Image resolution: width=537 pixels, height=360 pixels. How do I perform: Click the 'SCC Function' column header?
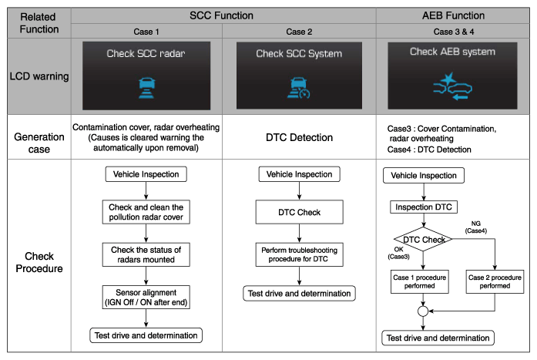(221, 15)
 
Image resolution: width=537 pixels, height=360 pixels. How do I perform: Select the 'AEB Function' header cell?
(453, 15)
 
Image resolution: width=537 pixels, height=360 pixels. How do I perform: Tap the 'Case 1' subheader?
(146, 32)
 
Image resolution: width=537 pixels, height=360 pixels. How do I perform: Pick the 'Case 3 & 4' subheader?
(454, 32)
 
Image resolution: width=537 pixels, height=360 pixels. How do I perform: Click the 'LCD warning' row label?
(39, 76)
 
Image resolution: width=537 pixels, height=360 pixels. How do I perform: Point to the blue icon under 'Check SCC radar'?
(146, 88)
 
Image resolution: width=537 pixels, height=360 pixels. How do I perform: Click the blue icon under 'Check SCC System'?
(299, 88)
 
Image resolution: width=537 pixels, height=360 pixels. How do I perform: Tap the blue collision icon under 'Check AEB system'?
(452, 86)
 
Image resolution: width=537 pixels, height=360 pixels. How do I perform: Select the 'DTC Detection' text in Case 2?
(300, 137)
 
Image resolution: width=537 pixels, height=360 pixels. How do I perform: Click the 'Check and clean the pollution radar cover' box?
(146, 212)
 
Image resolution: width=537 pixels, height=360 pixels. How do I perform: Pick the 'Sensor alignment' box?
(146, 297)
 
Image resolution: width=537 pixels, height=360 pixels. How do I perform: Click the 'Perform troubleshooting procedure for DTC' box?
(300, 254)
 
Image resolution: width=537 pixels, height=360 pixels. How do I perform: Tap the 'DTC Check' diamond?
(423, 240)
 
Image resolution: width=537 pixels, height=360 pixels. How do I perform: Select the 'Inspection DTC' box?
(424, 207)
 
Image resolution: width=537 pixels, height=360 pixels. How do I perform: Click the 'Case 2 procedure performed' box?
(495, 281)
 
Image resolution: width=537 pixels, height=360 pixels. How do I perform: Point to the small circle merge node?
(423, 311)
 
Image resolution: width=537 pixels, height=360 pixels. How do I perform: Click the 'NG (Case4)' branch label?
(475, 227)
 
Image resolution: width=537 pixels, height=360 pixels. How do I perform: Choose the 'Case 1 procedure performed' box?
(420, 281)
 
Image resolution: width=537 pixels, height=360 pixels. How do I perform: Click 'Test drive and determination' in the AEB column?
(438, 338)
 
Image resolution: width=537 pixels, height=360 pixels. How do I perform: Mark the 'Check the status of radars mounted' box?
(146, 254)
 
